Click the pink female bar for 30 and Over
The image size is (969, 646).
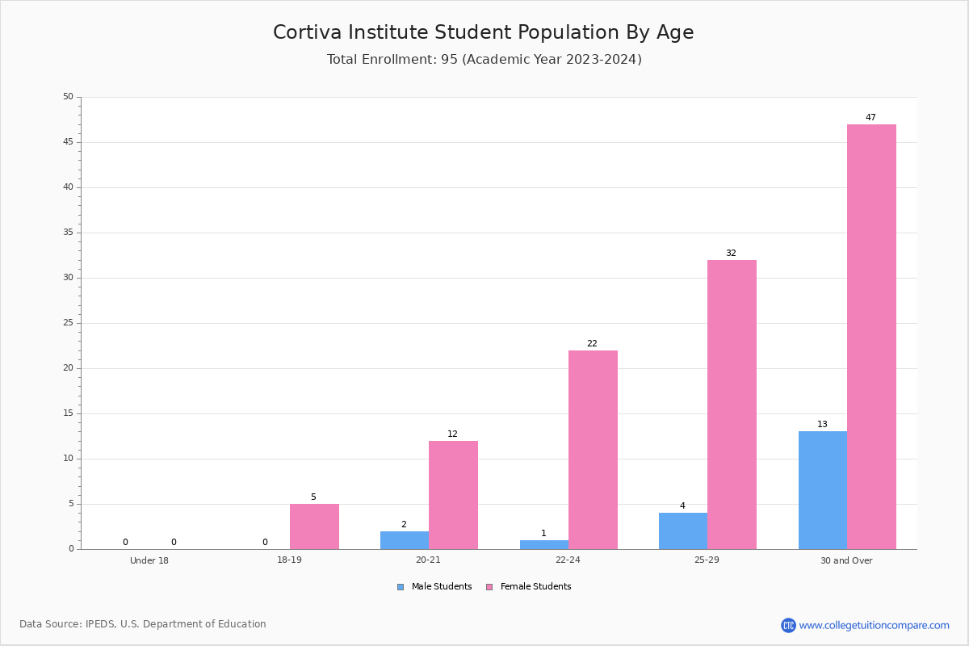[871, 337]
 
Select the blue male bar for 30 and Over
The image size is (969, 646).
[823, 490]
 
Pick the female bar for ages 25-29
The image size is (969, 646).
[732, 405]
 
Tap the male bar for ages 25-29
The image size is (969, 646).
[683, 531]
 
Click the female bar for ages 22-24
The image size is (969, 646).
[593, 450]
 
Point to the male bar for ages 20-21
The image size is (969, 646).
[405, 540]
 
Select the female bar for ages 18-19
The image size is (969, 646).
[314, 526]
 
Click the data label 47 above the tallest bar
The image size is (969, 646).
[870, 117]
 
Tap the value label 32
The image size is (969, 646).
[731, 253]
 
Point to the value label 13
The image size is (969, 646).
[822, 424]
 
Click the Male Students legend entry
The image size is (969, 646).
[434, 586]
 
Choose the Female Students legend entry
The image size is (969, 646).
[529, 586]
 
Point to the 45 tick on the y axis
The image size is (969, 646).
[69, 142]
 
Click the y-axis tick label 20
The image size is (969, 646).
[69, 367]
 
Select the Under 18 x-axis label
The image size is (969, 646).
[149, 560]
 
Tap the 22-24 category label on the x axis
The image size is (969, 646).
[568, 560]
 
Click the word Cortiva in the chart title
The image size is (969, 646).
[308, 32]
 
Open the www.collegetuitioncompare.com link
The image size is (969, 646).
[875, 625]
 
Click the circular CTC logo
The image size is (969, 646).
[788, 625]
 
